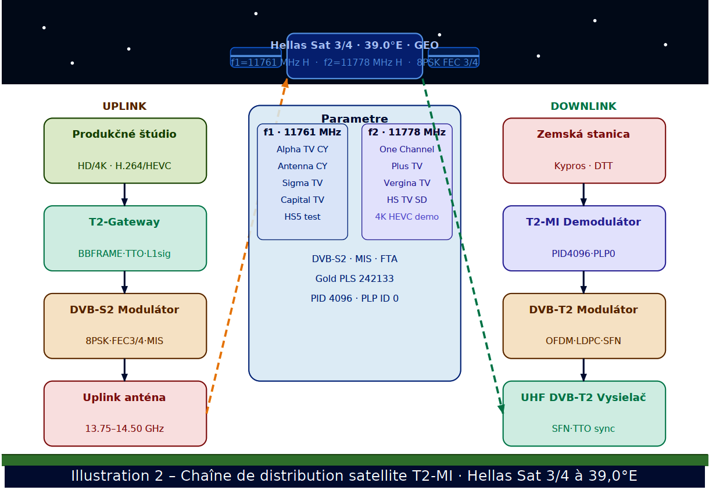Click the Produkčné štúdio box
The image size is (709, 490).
click(125, 151)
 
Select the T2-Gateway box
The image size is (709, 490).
click(125, 238)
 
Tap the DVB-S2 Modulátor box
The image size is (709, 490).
click(125, 326)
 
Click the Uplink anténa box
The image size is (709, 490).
click(125, 414)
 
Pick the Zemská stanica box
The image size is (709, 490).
click(584, 151)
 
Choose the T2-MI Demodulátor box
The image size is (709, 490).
click(584, 238)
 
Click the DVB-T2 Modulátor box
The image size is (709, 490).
click(584, 326)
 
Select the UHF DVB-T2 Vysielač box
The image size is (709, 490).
click(584, 414)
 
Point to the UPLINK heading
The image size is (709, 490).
click(124, 106)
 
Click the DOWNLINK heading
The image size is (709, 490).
click(583, 106)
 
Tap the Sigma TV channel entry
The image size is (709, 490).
click(302, 183)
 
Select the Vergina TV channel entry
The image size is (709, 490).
click(407, 183)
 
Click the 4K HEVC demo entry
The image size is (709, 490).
click(407, 217)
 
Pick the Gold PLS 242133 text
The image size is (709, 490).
click(354, 278)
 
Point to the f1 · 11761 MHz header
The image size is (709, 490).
click(302, 133)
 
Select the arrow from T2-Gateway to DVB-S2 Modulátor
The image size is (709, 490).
click(124, 282)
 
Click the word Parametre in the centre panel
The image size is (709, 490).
click(354, 119)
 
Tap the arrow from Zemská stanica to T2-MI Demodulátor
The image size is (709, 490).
click(583, 194)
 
